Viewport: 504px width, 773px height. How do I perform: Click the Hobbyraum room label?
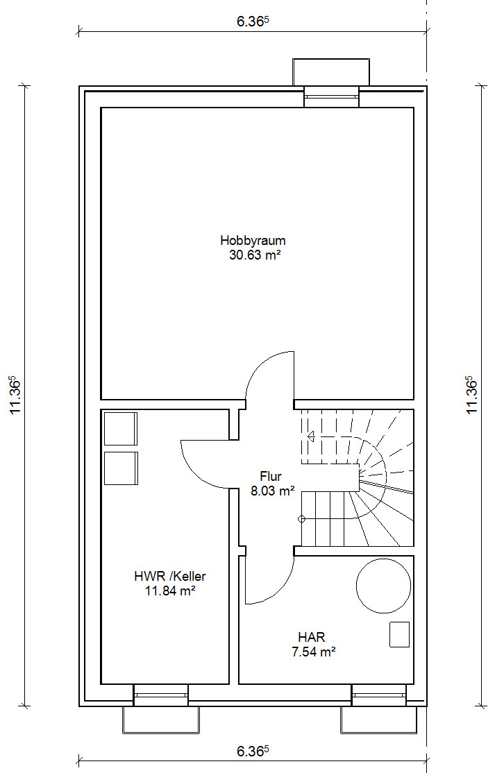(x=253, y=241)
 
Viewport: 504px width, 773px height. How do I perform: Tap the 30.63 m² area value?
(x=255, y=255)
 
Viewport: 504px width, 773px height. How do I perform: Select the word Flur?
(x=271, y=476)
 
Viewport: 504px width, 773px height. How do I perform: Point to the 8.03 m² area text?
(x=273, y=491)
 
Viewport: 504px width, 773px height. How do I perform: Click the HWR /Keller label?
(x=169, y=576)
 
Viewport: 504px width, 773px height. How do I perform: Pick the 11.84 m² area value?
(x=170, y=591)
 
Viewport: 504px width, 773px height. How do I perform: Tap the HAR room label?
(x=311, y=637)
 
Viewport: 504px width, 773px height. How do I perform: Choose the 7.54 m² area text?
(x=314, y=652)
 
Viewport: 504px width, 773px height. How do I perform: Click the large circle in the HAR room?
(x=383, y=559)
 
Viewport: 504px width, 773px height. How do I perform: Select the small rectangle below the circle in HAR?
(x=399, y=634)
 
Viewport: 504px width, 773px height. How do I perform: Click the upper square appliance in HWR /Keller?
(x=121, y=429)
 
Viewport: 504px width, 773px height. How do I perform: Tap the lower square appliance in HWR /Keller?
(x=121, y=468)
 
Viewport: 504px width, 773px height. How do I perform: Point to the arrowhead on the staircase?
(x=311, y=436)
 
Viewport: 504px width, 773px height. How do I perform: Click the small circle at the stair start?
(x=302, y=518)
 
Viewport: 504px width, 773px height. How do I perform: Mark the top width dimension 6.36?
(x=253, y=22)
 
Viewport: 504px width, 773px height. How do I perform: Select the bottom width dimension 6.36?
(x=253, y=751)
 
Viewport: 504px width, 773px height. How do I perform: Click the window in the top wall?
(x=331, y=96)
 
